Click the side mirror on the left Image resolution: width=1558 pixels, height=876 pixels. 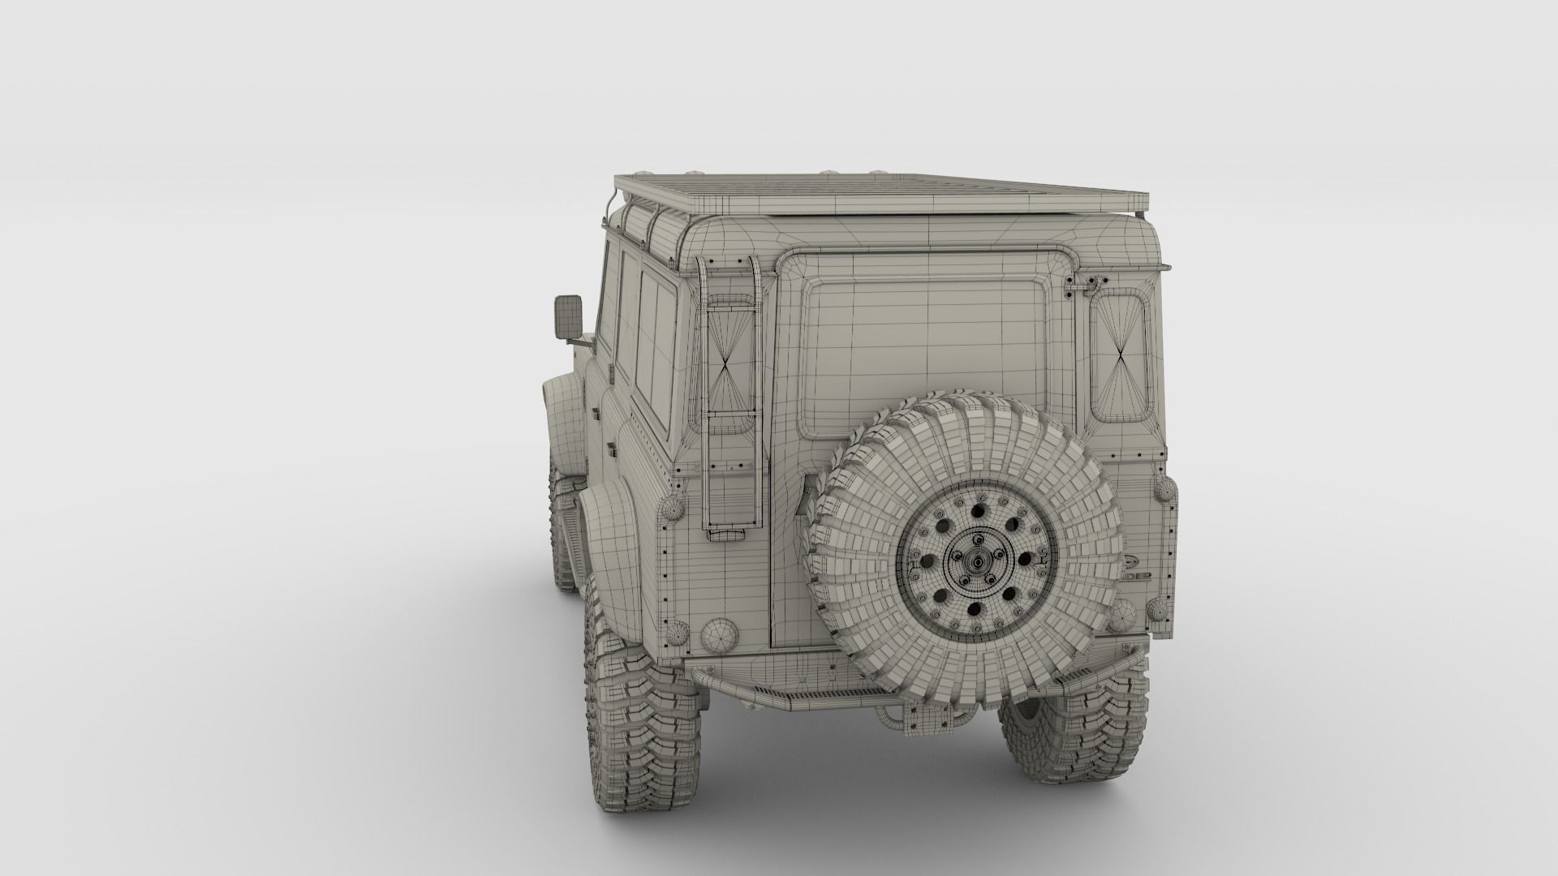(x=567, y=318)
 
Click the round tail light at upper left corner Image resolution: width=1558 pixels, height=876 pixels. (x=674, y=509)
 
